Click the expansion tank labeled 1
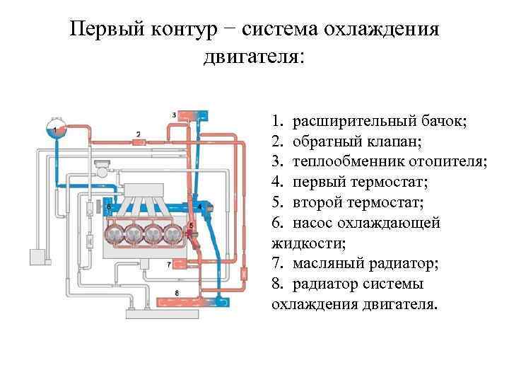[x=54, y=129]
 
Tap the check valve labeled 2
[x=139, y=141]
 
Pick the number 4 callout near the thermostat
[x=201, y=206]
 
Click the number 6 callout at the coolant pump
[x=108, y=207]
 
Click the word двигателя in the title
[x=254, y=59]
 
